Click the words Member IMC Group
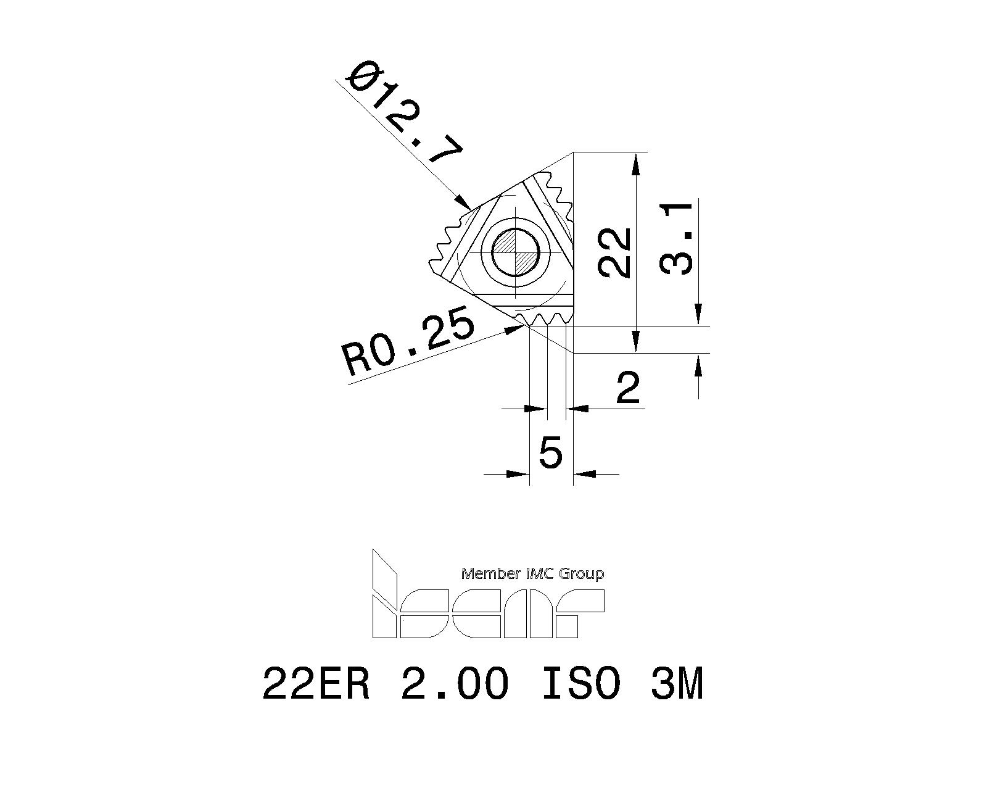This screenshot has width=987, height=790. pos(532,574)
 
